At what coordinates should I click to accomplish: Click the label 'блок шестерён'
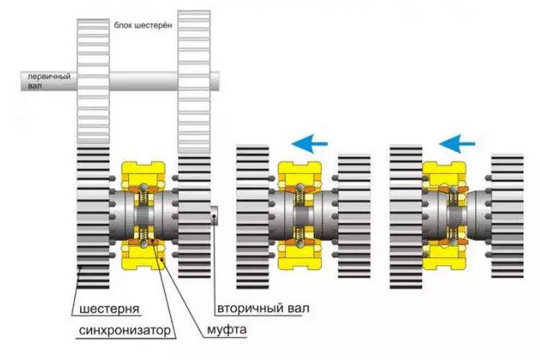click(x=143, y=25)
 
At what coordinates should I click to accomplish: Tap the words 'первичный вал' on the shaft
click(x=49, y=81)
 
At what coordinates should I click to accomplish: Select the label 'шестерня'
click(x=109, y=308)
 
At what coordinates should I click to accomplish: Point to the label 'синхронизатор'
click(x=125, y=330)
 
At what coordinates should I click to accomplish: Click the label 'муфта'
click(x=227, y=330)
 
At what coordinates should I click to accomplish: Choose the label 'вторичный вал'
click(x=263, y=308)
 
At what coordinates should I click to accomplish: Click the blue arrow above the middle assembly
click(x=310, y=143)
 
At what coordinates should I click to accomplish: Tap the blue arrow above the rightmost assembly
click(x=457, y=143)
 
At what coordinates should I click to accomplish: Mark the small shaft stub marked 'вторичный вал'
click(x=215, y=215)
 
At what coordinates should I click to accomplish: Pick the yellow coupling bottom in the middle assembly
click(x=300, y=255)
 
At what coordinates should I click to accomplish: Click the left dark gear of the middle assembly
click(x=253, y=217)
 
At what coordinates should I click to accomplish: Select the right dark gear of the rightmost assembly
click(x=507, y=216)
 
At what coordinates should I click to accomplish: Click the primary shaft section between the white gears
click(x=143, y=81)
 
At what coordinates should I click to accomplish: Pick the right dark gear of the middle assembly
click(x=354, y=216)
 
